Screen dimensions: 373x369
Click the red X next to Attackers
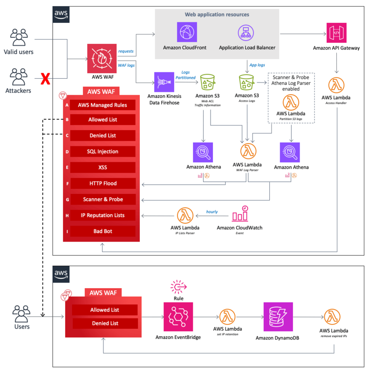[x=45, y=79]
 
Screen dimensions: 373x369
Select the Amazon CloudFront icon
[x=187, y=32]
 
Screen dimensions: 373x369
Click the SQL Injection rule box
[x=103, y=152]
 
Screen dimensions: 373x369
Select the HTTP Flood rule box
[x=103, y=183]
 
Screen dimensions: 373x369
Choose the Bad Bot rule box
[x=103, y=231]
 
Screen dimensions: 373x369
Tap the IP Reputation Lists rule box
[x=103, y=215]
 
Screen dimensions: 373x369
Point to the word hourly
[x=212, y=211]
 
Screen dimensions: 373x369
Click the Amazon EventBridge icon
[x=178, y=316]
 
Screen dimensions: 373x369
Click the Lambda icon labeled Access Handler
[x=336, y=86]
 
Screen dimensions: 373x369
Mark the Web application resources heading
[x=217, y=15]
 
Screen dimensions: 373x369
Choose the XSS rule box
[x=103, y=167]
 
